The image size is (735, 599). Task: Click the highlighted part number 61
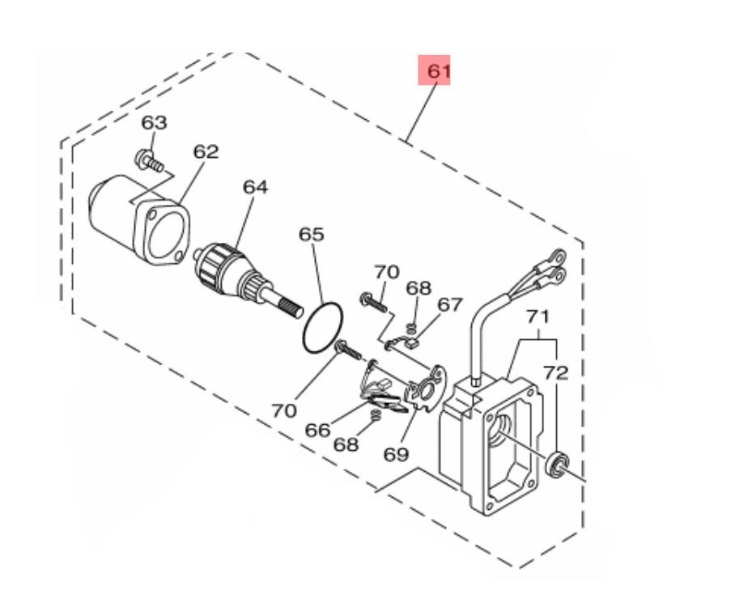point(439,70)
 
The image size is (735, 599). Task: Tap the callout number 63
point(155,123)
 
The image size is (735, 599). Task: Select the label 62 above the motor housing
point(206,152)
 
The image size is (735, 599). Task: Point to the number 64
point(256,187)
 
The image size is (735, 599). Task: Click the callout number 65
point(312,234)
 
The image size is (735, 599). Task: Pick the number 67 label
point(450,304)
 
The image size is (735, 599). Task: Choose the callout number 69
point(396,454)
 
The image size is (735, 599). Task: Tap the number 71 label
point(537,316)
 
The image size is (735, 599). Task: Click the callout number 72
point(556,373)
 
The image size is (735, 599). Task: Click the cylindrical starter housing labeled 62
point(138,220)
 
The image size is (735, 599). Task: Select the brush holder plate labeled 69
point(425,389)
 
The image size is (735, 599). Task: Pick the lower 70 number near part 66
point(284,411)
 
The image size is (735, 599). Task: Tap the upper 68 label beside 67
point(418,288)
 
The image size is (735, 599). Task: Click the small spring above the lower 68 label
point(375,415)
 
